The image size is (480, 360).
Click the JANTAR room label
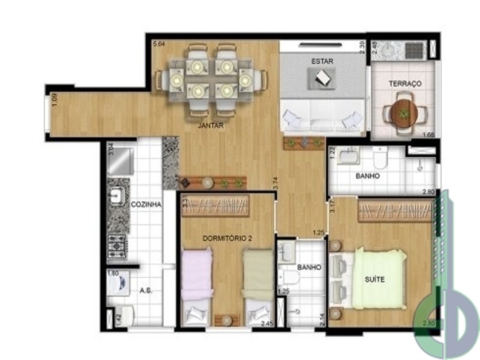[211, 126]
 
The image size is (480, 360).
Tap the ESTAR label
[322, 61]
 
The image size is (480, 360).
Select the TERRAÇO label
[405, 84]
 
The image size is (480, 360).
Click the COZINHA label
[146, 205]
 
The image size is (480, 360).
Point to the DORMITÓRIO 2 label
[227, 238]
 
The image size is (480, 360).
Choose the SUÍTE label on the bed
[374, 280]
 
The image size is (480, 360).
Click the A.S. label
[146, 290]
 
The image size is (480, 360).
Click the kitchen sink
[117, 194]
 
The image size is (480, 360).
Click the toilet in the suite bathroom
[380, 159]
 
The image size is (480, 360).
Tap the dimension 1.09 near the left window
[55, 99]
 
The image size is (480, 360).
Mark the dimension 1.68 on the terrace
[428, 134]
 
